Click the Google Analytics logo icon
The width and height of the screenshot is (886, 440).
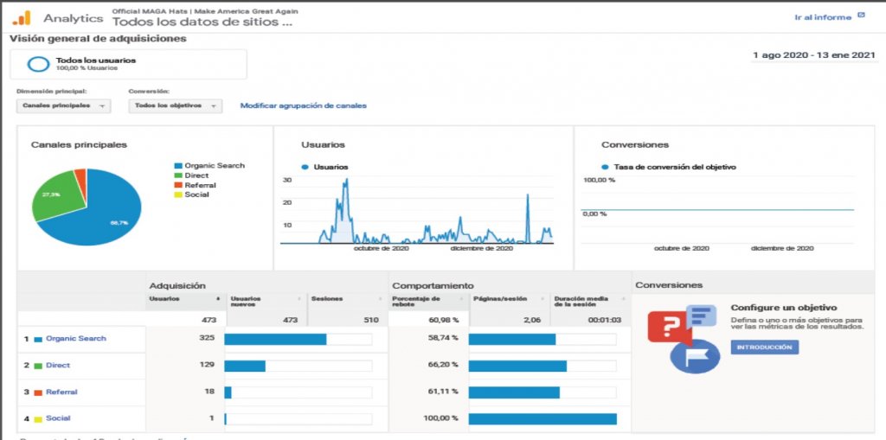[x=21, y=17]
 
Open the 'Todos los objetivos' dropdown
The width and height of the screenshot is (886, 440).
[x=175, y=105]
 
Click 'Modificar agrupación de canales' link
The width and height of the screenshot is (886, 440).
[x=303, y=105]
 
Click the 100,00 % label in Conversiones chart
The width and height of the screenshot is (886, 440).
[x=600, y=180]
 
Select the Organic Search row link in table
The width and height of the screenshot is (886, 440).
[x=75, y=338]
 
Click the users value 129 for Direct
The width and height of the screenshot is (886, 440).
[x=207, y=365]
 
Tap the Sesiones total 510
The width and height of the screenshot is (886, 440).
[x=370, y=319]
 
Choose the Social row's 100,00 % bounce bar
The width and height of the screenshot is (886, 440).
[x=543, y=418]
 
